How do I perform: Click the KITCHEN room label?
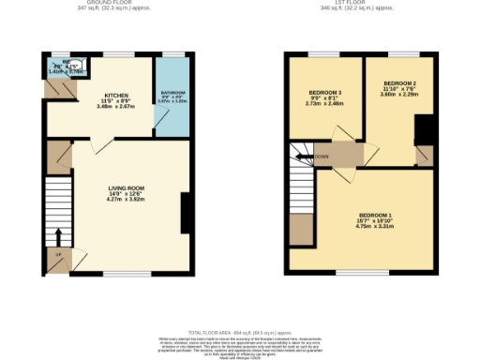pyautogui.click(x=116, y=95)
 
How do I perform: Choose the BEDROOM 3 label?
pyautogui.click(x=326, y=92)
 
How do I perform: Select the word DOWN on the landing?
pyautogui.click(x=321, y=157)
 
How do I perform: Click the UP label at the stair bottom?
pyautogui.click(x=58, y=254)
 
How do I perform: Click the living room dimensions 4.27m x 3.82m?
pyautogui.click(x=125, y=200)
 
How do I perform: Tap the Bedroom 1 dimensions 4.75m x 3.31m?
pyautogui.click(x=375, y=227)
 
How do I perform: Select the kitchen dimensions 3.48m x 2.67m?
pyautogui.click(x=116, y=106)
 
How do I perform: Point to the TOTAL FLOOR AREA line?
pyautogui.click(x=240, y=333)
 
